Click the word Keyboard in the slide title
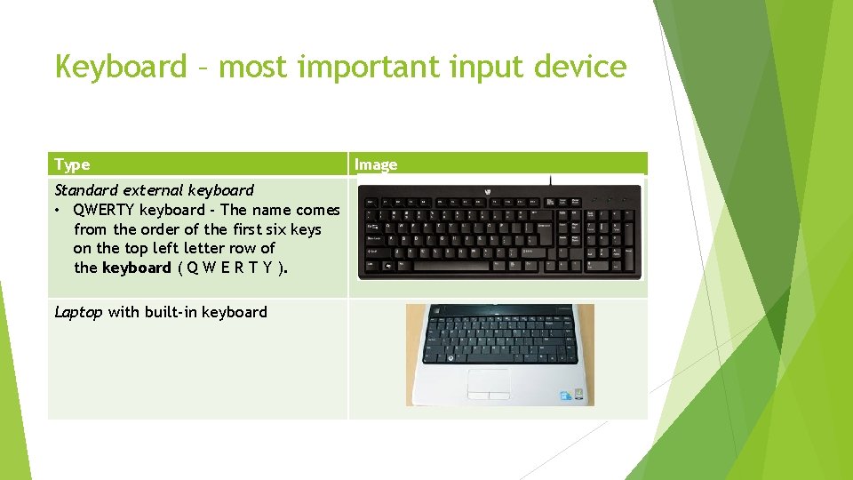120,66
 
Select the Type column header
72,164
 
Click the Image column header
376,164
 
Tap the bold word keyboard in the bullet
136,268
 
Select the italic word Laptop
78,312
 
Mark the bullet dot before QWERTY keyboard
59,211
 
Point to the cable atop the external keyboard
551,180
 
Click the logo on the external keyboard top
488,192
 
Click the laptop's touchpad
489,380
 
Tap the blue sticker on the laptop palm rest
566,395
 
